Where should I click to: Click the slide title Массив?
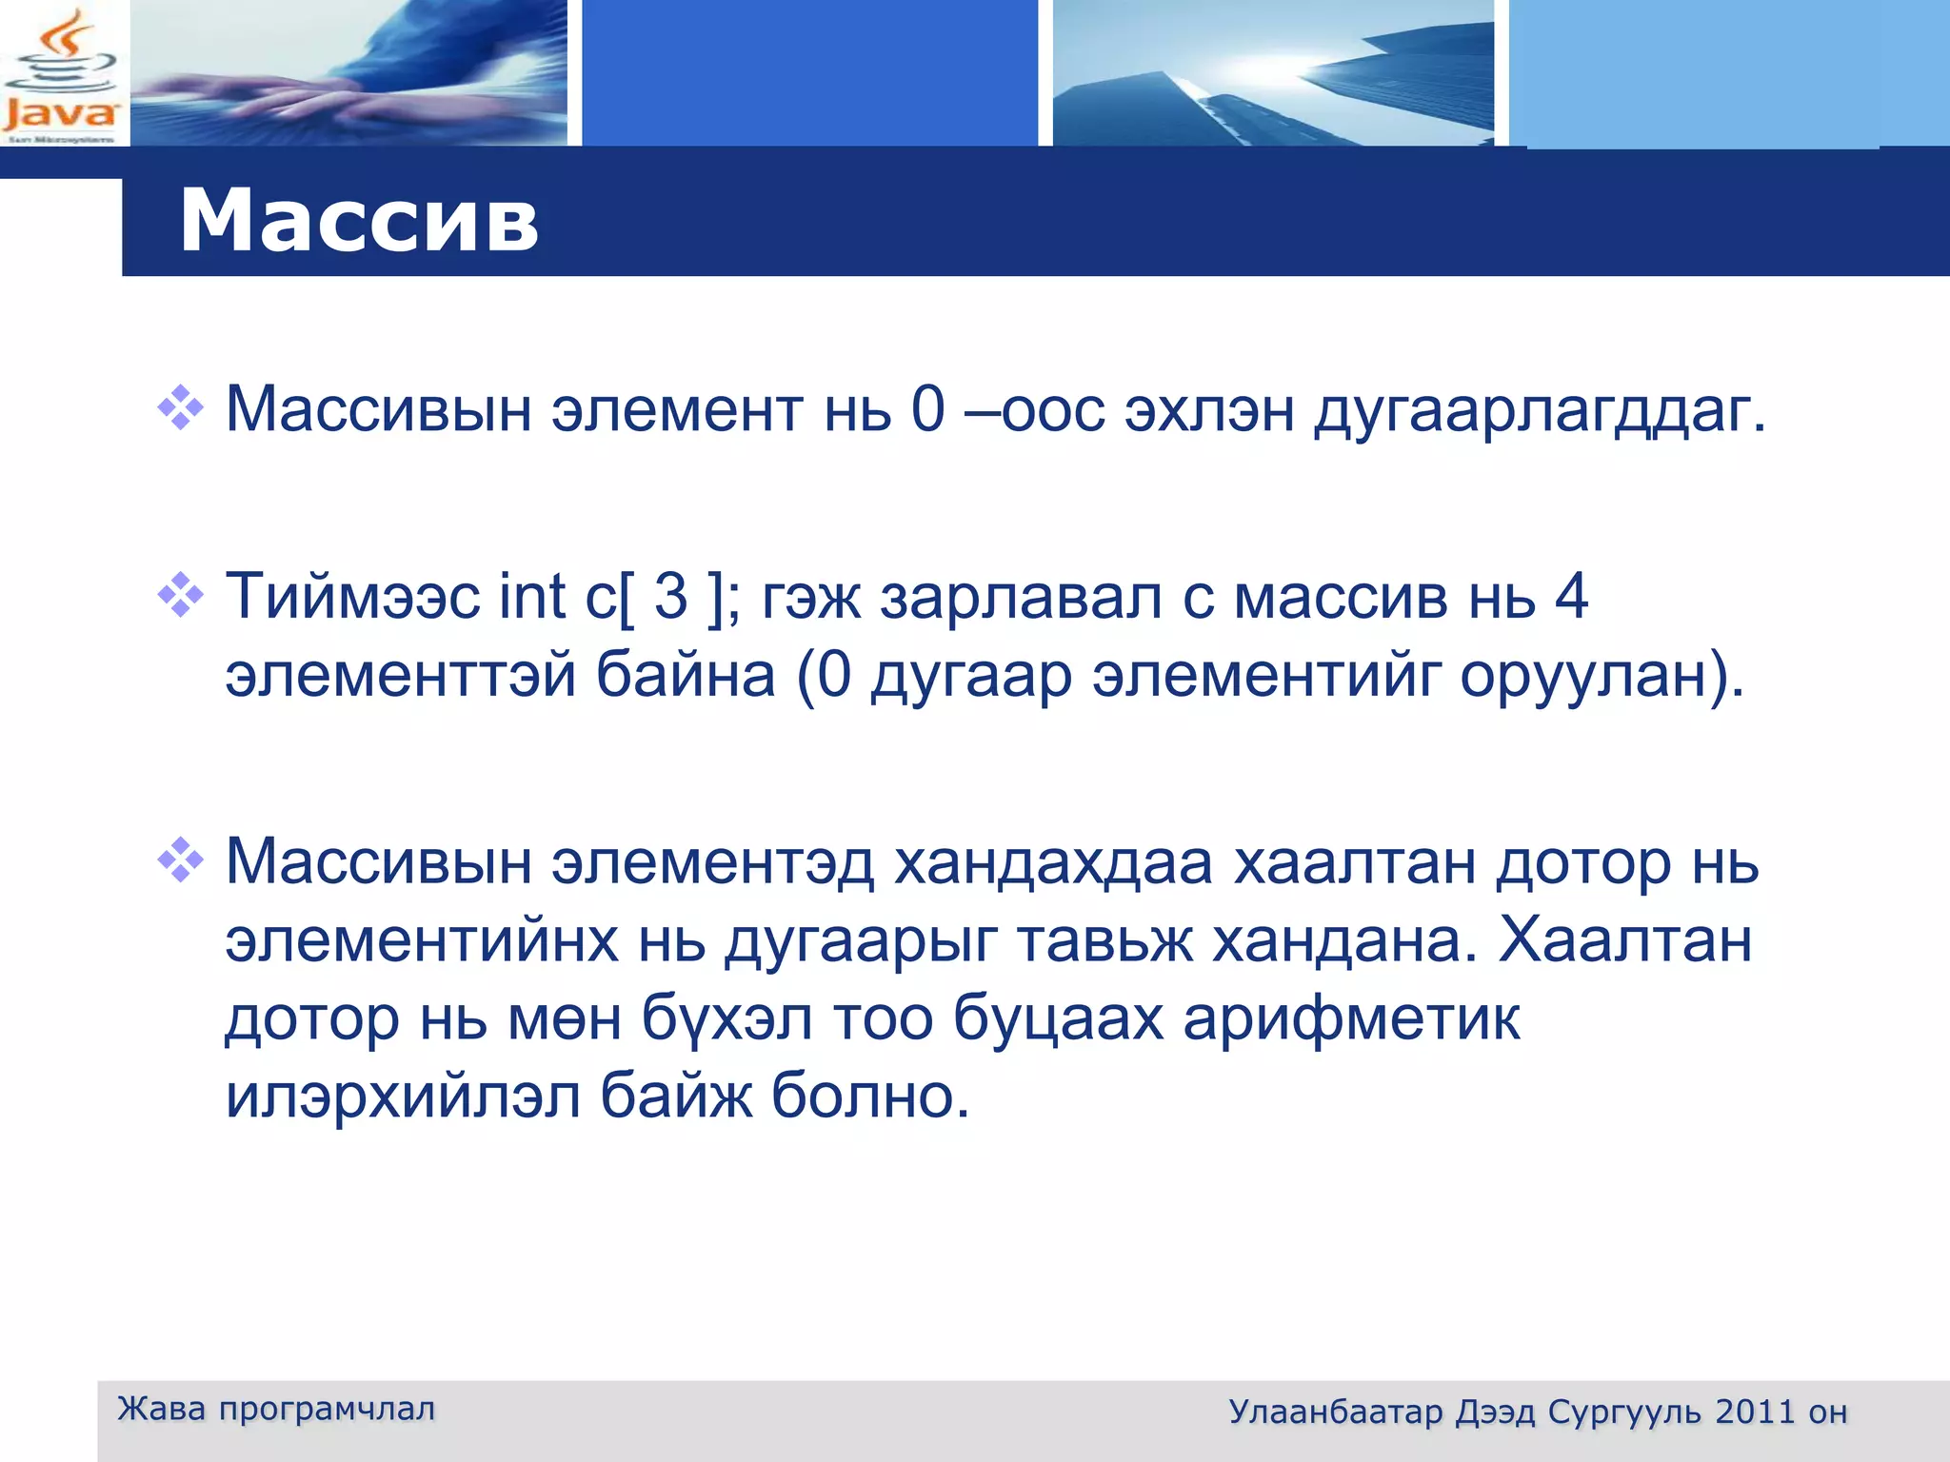pyautogui.click(x=358, y=221)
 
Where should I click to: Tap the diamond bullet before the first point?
pyautogui.click(x=181, y=408)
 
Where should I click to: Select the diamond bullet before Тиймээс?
pyautogui.click(x=181, y=596)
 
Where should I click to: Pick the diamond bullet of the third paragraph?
pyautogui.click(x=181, y=860)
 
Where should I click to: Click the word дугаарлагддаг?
pyautogui.click(x=1540, y=411)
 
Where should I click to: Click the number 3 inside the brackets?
pyautogui.click(x=670, y=597)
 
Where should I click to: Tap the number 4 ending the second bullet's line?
pyautogui.click(x=1571, y=597)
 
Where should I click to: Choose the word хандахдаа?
pyautogui.click(x=1053, y=862)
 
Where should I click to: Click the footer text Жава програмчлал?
pyautogui.click(x=276, y=1409)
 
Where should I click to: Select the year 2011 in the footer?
pyautogui.click(x=1755, y=1412)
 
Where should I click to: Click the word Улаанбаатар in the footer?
pyautogui.click(x=1335, y=1412)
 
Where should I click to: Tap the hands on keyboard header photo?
pyautogui.click(x=348, y=73)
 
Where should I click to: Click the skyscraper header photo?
pyautogui.click(x=1273, y=73)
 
